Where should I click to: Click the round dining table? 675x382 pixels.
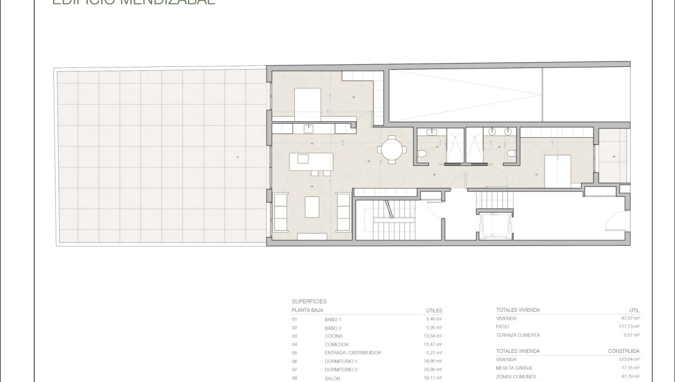pos(393,149)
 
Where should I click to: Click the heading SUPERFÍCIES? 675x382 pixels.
pos(309,301)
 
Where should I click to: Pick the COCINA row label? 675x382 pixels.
pos(334,336)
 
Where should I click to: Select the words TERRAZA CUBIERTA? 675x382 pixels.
pos(518,335)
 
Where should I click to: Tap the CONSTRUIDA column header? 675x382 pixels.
pos(624,351)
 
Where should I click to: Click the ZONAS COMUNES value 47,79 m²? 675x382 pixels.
pos(629,376)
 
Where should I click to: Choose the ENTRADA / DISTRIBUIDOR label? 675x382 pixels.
pos(353,352)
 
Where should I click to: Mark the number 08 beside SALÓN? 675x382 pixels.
pos(295,378)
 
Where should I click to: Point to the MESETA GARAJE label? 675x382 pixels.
pos(515,368)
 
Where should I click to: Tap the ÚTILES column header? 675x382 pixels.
pos(434,310)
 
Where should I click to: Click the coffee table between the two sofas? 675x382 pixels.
pos(312,206)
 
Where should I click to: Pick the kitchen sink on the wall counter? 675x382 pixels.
pos(308,129)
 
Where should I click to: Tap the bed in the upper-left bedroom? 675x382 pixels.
pos(307,101)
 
